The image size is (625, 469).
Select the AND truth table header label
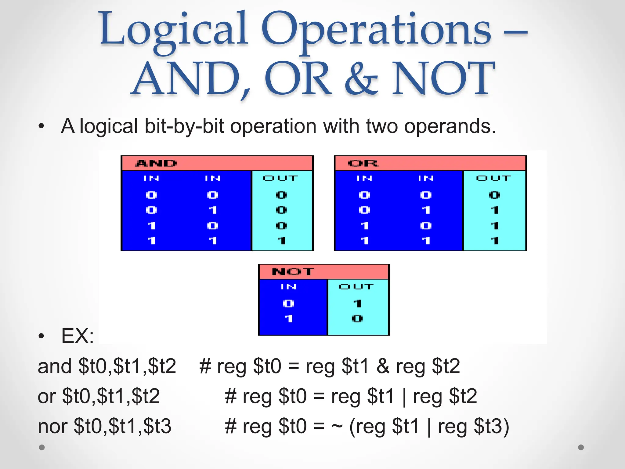click(156, 163)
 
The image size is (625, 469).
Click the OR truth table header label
click(363, 163)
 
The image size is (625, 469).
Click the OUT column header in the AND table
click(280, 178)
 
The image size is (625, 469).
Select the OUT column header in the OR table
click(493, 178)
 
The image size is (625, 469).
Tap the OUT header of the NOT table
click(356, 287)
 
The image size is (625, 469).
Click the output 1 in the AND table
click(281, 241)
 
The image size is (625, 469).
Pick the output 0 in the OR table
click(494, 195)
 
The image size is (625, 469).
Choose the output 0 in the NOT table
click(357, 319)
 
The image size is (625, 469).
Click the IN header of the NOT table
click(288, 287)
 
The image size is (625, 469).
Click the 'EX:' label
click(78, 336)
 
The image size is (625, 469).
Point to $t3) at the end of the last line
click(491, 426)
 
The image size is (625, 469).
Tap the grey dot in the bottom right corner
click(581, 447)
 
